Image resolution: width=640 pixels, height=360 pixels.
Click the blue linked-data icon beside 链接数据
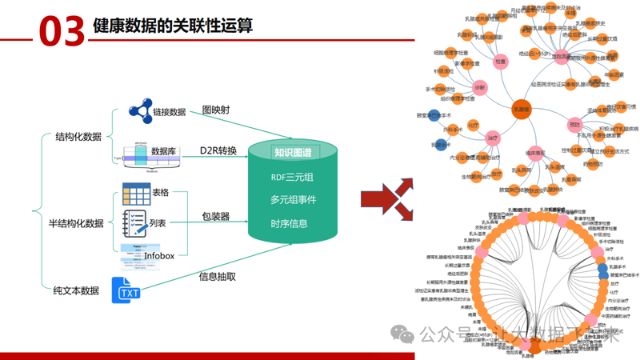pyautogui.click(x=141, y=111)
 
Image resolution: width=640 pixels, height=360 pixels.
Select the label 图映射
pyautogui.click(x=215, y=110)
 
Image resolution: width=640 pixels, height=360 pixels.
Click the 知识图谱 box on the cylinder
pyautogui.click(x=292, y=153)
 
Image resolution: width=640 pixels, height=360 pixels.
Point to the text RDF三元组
pyautogui.click(x=291, y=178)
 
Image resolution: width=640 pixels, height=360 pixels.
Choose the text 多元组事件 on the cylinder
pyautogui.click(x=292, y=200)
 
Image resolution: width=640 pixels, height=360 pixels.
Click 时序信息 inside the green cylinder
pyautogui.click(x=289, y=223)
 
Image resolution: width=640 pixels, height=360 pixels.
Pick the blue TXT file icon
pyautogui.click(x=127, y=290)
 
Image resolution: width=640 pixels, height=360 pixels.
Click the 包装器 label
pyautogui.click(x=215, y=217)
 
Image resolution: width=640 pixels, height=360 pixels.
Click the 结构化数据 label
pyautogui.click(x=78, y=137)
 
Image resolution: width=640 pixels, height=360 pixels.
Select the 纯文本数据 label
pyautogui.click(x=75, y=290)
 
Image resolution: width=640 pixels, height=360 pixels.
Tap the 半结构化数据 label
pyautogui.click(x=76, y=223)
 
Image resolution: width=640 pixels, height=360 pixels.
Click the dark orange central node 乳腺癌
pyautogui.click(x=521, y=110)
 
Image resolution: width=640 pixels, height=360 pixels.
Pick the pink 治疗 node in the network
pyautogui.click(x=493, y=138)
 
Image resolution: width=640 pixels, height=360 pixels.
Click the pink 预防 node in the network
pyautogui.click(x=574, y=125)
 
